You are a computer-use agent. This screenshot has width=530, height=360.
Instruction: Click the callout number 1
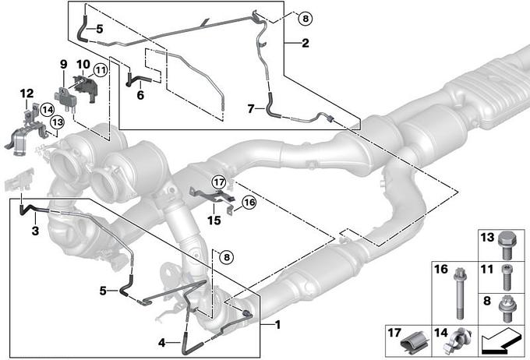coord(279,323)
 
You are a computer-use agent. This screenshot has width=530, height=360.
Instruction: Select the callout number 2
coord(305,44)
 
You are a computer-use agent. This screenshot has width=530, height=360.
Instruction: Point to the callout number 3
coord(35,231)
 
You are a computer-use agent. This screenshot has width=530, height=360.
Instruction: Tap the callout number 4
coord(161,341)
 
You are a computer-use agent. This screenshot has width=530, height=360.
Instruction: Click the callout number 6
coord(140,94)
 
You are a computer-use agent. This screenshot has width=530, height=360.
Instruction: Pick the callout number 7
coord(251,109)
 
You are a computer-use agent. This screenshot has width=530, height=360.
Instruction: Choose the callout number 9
coord(64,62)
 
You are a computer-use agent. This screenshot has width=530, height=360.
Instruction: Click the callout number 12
coord(26,94)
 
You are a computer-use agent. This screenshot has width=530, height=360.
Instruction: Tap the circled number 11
coord(100,70)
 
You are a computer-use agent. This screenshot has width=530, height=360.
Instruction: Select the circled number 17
coord(219,182)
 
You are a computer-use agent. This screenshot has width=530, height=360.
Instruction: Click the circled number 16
coord(249,202)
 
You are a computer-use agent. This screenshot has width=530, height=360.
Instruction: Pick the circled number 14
coord(47,109)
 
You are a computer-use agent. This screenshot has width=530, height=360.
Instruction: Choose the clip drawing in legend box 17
coord(412,340)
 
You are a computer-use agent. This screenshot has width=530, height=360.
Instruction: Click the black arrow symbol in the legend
coord(499,341)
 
